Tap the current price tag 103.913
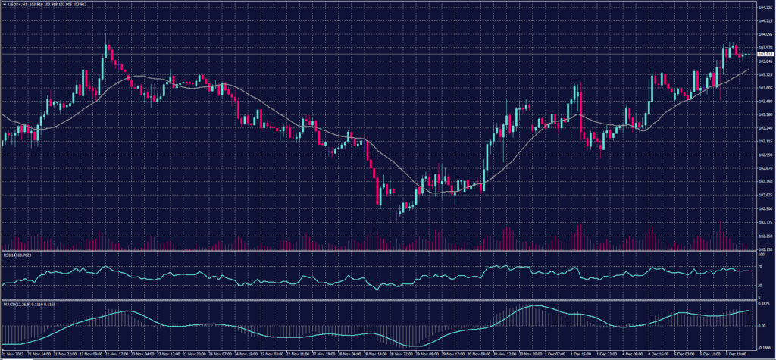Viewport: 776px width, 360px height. point(764,55)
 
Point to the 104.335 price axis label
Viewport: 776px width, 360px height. point(764,8)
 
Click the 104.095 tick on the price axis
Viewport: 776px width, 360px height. point(764,34)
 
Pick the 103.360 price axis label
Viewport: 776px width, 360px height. point(764,114)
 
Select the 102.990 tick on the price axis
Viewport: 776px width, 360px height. point(764,155)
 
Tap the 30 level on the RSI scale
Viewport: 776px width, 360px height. point(759,286)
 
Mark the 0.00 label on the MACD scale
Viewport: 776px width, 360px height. point(762,326)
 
